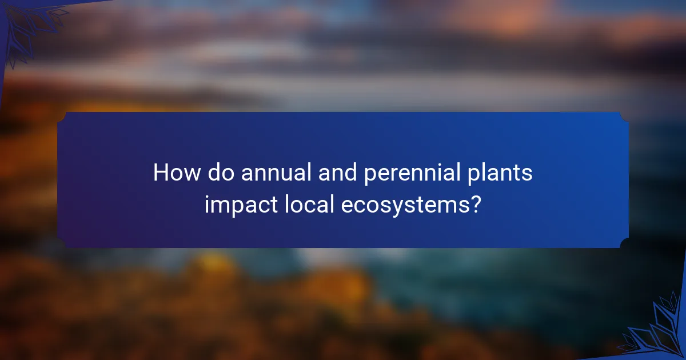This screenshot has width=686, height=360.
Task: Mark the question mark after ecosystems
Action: pyautogui.click(x=474, y=205)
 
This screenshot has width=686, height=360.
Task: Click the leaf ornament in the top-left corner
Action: pyautogui.click(x=31, y=26)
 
